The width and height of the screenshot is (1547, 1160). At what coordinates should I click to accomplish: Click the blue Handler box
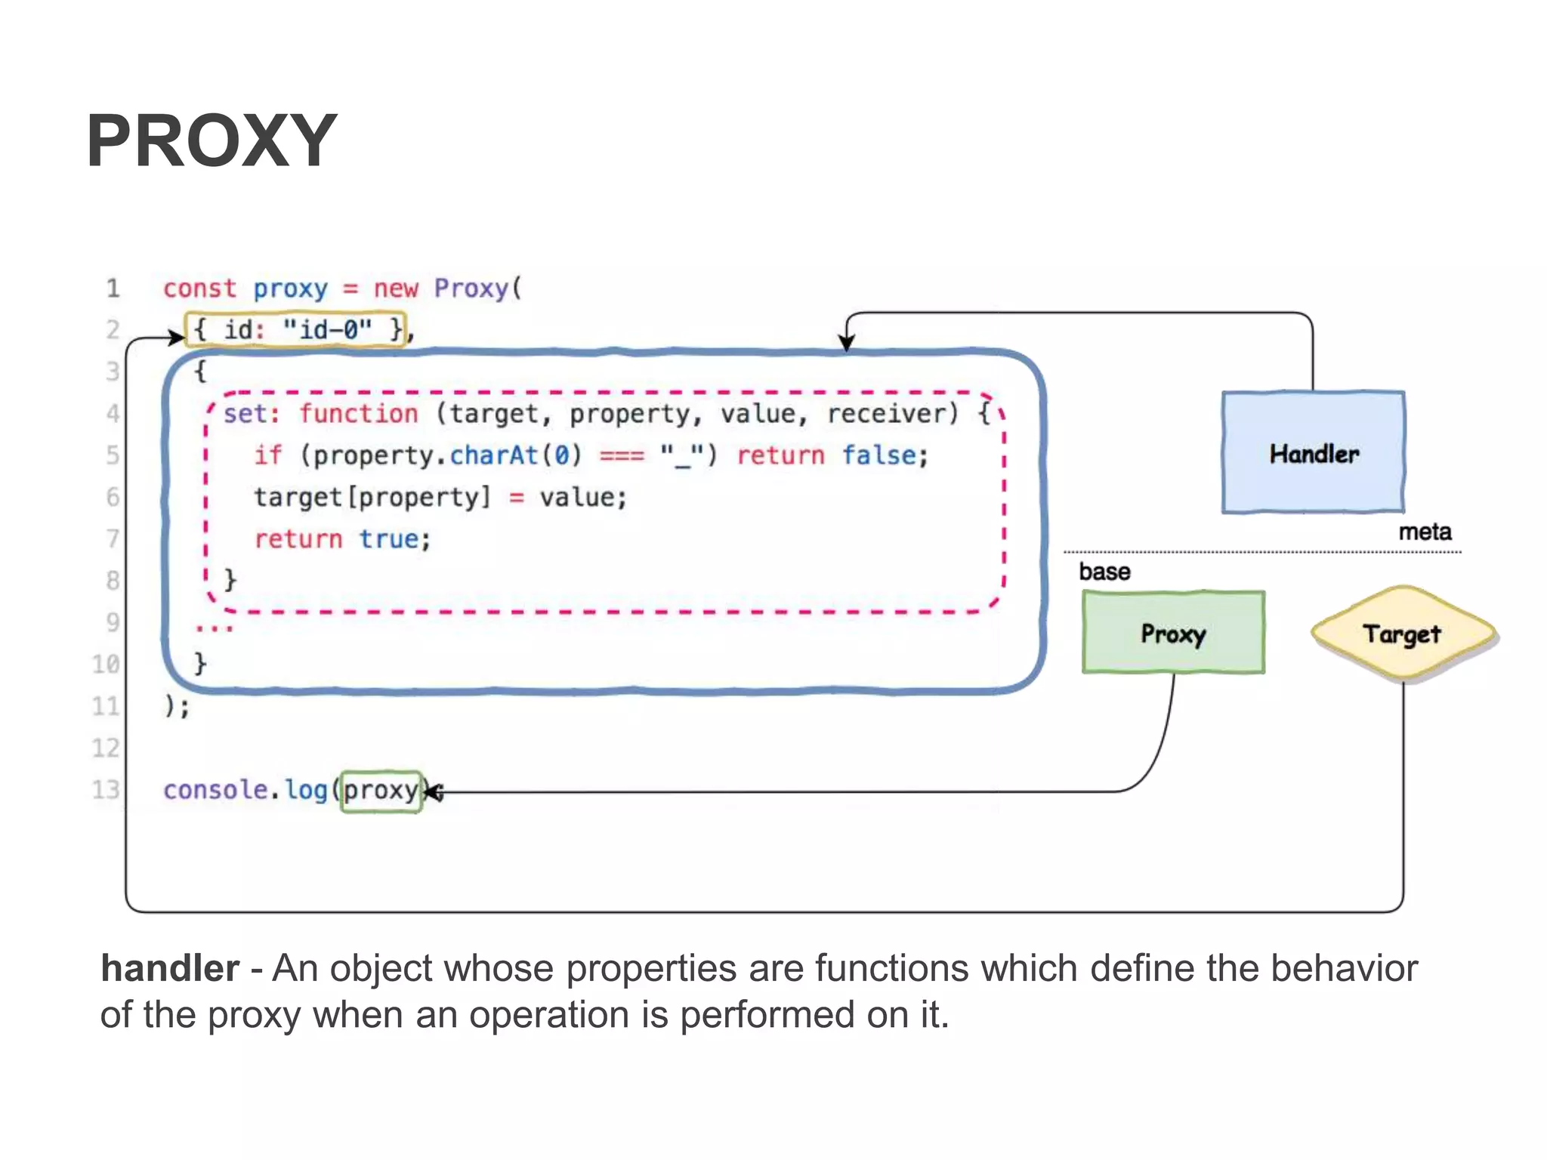point(1313,453)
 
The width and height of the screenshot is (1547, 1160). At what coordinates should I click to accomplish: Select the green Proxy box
point(1172,633)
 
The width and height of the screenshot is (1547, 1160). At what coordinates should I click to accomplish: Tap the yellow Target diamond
point(1403,634)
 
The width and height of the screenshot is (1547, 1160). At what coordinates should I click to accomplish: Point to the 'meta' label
point(1425,532)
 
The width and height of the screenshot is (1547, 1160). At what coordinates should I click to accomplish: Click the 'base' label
point(1104,572)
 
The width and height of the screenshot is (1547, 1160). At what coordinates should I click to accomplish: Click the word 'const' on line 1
point(199,288)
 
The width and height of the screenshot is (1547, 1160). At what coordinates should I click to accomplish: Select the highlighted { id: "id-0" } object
point(296,330)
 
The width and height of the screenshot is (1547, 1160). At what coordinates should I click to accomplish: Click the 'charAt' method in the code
point(494,455)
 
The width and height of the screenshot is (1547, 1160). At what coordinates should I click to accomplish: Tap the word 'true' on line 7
point(388,539)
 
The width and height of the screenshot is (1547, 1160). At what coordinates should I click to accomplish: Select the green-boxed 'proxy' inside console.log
point(381,791)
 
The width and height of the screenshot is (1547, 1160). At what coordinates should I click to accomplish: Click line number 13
point(106,790)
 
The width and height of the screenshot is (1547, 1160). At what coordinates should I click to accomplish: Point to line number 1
point(113,288)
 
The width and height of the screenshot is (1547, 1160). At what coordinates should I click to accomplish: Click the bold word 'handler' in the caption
point(170,969)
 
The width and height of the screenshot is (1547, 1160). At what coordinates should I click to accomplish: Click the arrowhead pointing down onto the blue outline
point(847,344)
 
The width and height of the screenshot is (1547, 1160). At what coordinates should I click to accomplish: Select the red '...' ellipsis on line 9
point(215,628)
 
